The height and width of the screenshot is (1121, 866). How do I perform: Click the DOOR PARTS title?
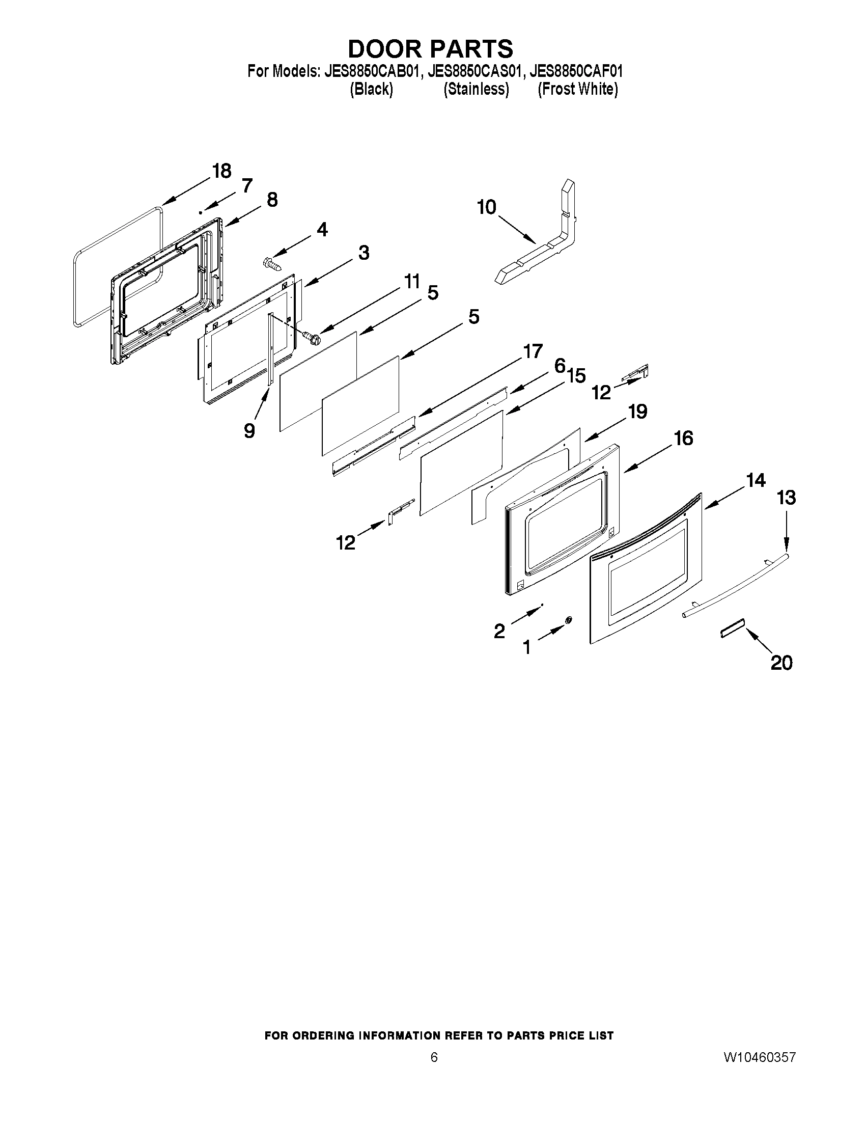(430, 49)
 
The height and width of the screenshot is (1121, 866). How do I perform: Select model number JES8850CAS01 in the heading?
(476, 71)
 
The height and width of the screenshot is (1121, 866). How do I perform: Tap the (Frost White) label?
(577, 89)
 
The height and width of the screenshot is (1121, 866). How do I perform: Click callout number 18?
(221, 171)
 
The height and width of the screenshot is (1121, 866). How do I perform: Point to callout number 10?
(486, 207)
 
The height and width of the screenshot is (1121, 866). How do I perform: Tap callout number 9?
(249, 430)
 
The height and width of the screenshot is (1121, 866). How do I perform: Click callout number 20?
(781, 663)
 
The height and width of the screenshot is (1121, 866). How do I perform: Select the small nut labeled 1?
(569, 620)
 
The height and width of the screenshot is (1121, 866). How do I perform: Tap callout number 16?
(683, 438)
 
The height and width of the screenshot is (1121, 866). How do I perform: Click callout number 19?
(638, 411)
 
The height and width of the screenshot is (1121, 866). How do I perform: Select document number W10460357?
(759, 1057)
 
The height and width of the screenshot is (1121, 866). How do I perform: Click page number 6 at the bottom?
(434, 1057)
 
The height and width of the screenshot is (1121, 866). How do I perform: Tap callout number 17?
(533, 351)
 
